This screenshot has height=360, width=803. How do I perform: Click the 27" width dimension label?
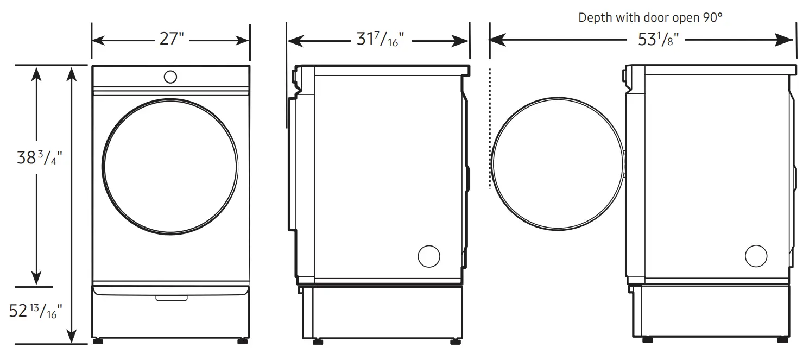pos(172,40)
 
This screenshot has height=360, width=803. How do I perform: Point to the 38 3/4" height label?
pos(40,158)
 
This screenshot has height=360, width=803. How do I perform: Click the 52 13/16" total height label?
pos(36,311)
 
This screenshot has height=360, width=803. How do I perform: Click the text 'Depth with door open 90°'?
pos(650,17)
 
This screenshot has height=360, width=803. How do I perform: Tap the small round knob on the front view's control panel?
pos(170,77)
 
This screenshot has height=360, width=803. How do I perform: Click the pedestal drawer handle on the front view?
pos(171,298)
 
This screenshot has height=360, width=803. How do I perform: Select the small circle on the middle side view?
pos(428,256)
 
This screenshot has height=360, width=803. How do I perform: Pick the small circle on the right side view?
pos(756,256)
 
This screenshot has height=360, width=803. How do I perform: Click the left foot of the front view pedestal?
pos(98,342)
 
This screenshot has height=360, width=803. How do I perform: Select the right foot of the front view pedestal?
pos(241,342)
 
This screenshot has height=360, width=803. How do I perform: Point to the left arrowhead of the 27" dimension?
pos(98,40)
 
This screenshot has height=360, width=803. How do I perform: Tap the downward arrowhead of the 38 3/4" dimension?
pos(36,279)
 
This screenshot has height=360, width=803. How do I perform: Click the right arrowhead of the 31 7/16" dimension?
pos(463,41)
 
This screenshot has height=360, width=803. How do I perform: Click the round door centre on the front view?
pos(170,167)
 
